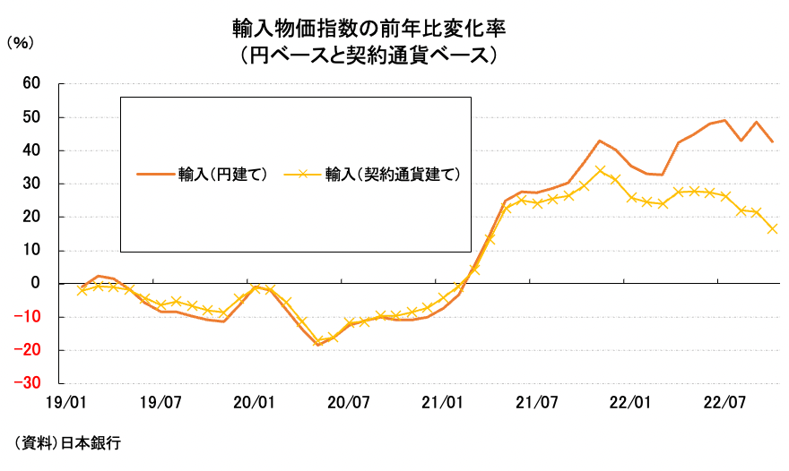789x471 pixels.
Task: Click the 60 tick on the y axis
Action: [x=31, y=83]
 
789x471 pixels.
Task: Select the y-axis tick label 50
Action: [x=31, y=117]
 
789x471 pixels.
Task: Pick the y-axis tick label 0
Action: [x=36, y=284]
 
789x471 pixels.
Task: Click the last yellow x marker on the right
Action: [x=772, y=228]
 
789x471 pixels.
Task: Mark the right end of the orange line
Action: [x=773, y=141]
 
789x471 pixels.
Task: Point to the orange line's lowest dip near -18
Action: [x=318, y=345]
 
